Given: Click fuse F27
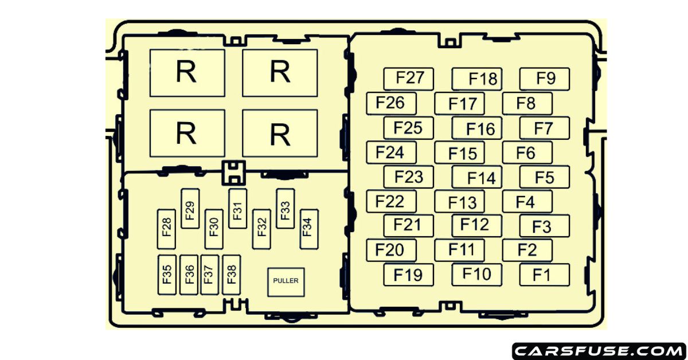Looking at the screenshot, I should [x=408, y=79].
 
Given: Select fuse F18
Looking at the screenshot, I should [x=476, y=79].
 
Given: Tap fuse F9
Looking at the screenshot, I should [x=545, y=79].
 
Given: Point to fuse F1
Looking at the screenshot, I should [x=545, y=275].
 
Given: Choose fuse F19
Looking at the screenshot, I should [x=408, y=275].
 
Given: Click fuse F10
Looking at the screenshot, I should [x=476, y=275].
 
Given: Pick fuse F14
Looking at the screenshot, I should [x=476, y=177].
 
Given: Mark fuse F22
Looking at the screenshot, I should [x=391, y=202].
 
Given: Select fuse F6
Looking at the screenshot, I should [x=527, y=152].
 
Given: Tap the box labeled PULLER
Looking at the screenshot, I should [x=286, y=281].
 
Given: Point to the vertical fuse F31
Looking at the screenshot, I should [x=237, y=208].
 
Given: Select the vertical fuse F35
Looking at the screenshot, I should [x=167, y=275].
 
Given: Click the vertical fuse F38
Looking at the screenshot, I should [x=231, y=275].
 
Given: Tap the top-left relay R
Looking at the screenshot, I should [x=187, y=73].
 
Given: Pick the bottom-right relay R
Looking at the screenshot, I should [x=280, y=133].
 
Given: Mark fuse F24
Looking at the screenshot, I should [x=391, y=152].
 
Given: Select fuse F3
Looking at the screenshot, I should [x=545, y=226].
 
